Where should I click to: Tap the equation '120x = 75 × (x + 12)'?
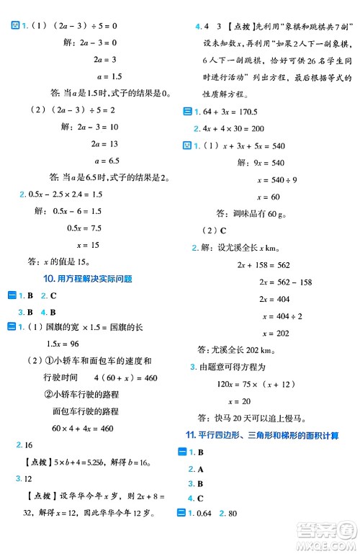pyautogui.click(x=265, y=383)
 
